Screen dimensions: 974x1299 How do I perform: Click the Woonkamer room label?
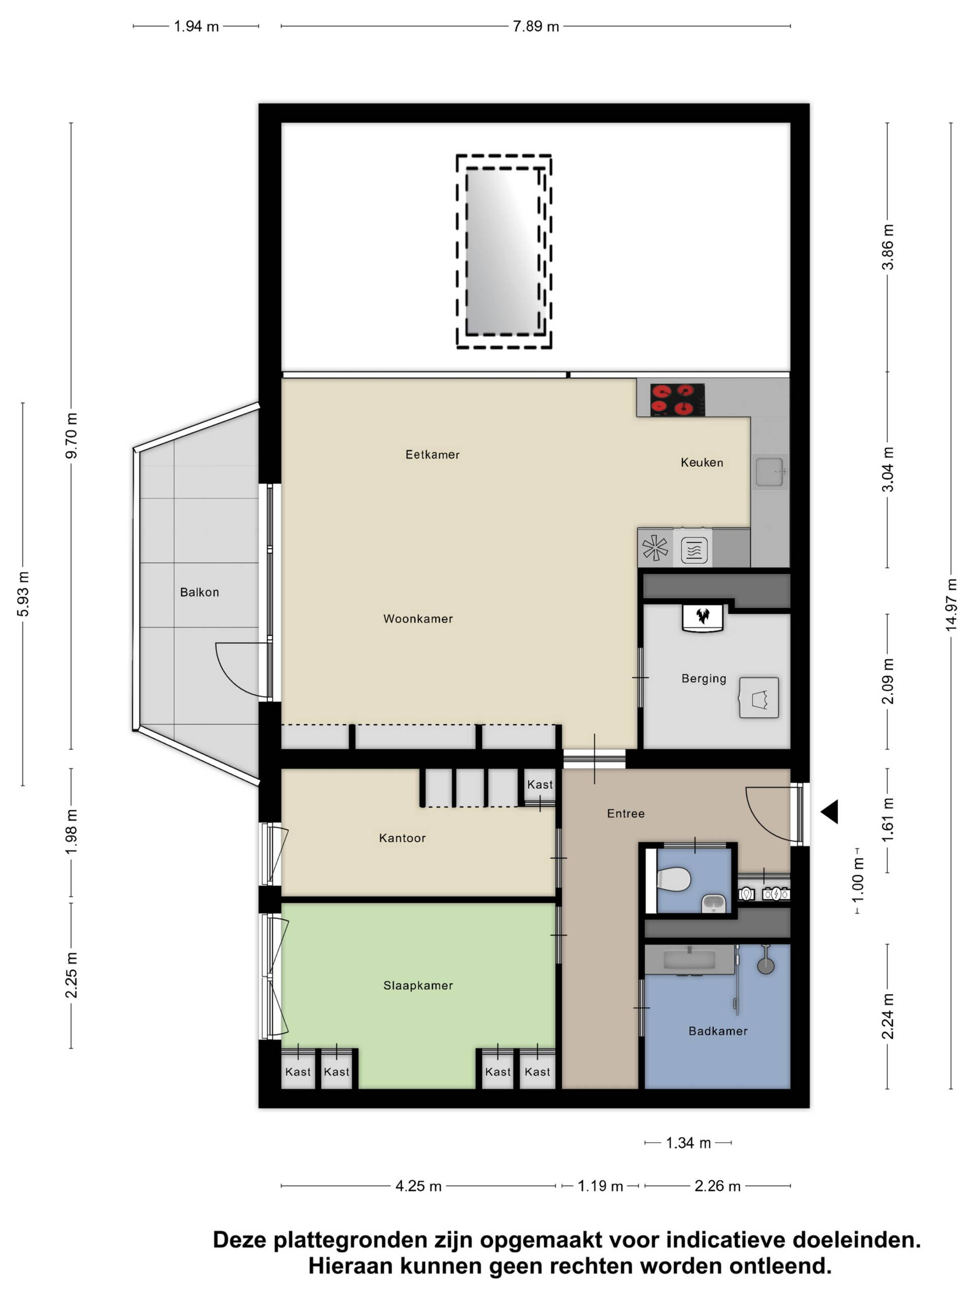click(x=418, y=619)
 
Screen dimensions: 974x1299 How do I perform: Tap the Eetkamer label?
click(x=432, y=455)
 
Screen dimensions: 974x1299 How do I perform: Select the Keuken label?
click(x=702, y=462)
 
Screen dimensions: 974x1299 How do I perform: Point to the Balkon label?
click(x=199, y=592)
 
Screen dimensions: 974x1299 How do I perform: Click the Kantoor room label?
click(x=402, y=838)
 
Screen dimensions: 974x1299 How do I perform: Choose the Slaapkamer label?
click(x=418, y=985)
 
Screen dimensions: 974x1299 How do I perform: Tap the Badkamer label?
click(x=717, y=1031)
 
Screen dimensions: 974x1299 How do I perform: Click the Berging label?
click(x=703, y=678)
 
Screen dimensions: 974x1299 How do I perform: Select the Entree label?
click(x=626, y=813)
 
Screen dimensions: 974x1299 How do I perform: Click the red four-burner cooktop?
click(x=677, y=399)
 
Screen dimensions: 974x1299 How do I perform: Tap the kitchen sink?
click(x=770, y=471)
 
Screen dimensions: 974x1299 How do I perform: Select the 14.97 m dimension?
click(x=951, y=605)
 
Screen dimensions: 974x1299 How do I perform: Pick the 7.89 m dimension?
click(x=535, y=26)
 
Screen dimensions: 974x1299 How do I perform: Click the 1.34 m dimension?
click(x=688, y=1143)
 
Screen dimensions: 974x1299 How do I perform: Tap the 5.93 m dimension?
click(x=23, y=594)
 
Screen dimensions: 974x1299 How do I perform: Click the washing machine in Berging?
click(x=758, y=698)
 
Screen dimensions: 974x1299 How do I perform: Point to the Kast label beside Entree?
click(x=540, y=784)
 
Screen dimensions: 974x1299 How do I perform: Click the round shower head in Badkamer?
click(x=766, y=966)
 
